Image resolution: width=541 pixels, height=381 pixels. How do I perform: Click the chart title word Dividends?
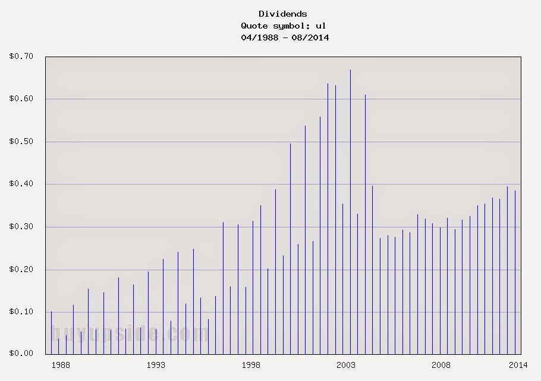(283, 14)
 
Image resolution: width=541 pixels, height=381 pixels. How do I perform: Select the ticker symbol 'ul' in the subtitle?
(320, 26)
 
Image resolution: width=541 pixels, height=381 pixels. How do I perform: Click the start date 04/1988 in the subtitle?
(260, 38)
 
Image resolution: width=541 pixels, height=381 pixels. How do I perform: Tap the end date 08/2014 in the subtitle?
(310, 38)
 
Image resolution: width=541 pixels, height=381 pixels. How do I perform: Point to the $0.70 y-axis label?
(21, 57)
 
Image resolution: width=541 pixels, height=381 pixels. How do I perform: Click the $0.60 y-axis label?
(21, 99)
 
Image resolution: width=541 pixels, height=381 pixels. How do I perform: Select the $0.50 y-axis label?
(21, 142)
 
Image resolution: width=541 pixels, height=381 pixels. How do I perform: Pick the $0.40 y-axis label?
(21, 184)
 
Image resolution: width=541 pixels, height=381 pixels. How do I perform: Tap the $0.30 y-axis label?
(21, 227)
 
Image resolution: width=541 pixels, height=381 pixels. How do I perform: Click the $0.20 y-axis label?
(21, 270)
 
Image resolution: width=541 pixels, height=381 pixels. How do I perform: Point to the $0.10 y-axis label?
(21, 312)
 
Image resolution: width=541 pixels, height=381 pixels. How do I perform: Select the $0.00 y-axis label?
(21, 354)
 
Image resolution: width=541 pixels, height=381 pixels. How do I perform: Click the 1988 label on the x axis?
(61, 365)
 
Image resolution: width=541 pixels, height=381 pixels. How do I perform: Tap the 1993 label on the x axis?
(156, 365)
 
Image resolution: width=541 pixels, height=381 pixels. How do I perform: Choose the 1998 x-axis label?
(251, 365)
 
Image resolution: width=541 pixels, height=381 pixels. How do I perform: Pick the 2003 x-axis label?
(346, 365)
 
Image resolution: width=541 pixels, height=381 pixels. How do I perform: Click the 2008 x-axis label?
(441, 365)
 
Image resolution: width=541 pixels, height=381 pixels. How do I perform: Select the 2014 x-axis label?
(518, 365)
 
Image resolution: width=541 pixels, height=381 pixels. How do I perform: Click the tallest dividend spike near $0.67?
(350, 212)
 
